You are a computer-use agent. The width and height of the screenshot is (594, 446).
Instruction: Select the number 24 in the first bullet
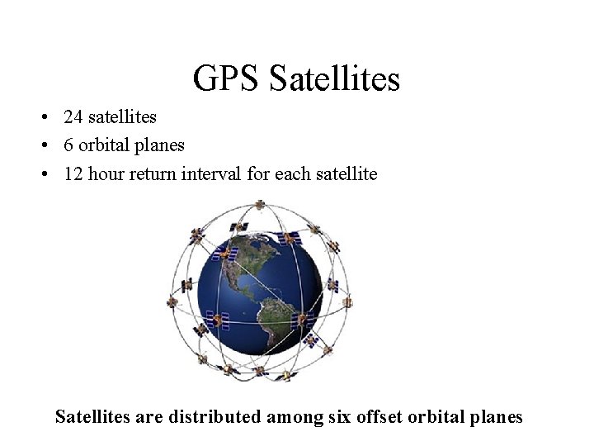(74, 117)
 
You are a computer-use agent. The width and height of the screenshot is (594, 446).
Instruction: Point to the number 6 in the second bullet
(69, 145)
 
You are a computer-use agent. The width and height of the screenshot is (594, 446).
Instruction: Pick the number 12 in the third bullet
(74, 173)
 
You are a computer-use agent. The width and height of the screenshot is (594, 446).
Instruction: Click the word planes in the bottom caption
(496, 417)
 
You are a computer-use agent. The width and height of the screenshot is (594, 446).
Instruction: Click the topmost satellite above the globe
(258, 204)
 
